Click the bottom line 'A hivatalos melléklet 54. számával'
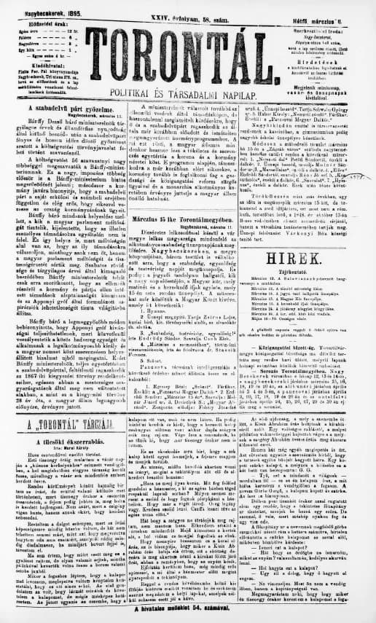[x=188, y=616]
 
